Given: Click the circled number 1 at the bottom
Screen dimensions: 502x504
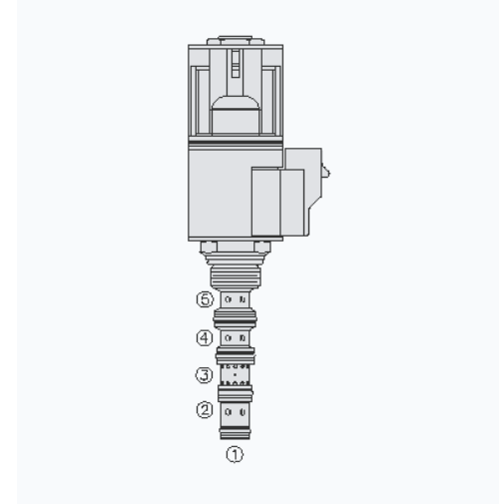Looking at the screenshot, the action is pos(235,454).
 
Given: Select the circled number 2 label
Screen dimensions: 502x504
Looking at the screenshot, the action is pos(205,410).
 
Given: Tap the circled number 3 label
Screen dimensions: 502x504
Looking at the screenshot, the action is pos(204,375).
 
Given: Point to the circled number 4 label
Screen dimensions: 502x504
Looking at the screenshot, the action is pos(205,338).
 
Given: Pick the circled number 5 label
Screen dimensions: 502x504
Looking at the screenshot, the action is pos(205,299).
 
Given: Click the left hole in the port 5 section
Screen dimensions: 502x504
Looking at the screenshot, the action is pos(228,299).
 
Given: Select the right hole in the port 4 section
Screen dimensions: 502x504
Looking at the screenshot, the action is pos(243,338).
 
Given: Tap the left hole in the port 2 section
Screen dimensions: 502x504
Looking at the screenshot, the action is pos(228,412).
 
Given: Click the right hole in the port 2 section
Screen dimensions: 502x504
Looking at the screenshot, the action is pos(243,412).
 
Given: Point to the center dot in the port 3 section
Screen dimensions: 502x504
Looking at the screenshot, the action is pos(236,374).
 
